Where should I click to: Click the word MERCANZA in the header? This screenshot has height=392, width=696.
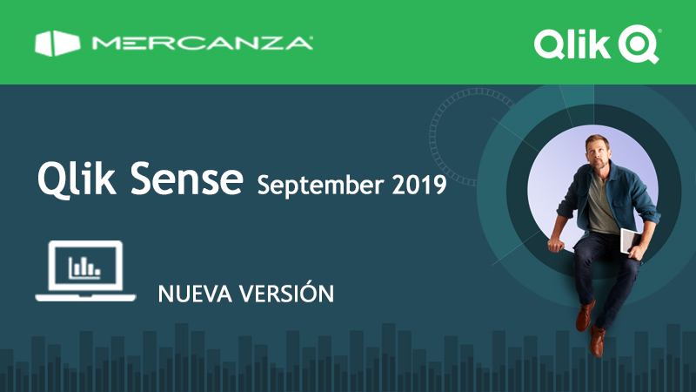203,43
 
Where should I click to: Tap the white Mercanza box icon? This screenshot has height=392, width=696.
57,43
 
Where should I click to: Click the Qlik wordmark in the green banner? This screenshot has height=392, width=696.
572,44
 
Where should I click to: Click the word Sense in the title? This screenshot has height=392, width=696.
187,179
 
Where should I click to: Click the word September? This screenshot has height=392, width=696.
320,185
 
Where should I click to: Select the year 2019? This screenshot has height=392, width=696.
419,185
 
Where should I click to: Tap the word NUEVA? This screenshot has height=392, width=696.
195,294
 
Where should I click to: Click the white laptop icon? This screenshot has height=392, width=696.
85,271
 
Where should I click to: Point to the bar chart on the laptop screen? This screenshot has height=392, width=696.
84,267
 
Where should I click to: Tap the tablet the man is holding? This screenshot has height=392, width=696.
630,241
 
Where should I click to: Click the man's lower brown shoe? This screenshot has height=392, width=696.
597,341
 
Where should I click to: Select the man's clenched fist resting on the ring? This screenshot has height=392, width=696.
556,245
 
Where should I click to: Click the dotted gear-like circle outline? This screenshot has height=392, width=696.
432,137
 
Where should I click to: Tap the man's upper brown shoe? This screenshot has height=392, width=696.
585,315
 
